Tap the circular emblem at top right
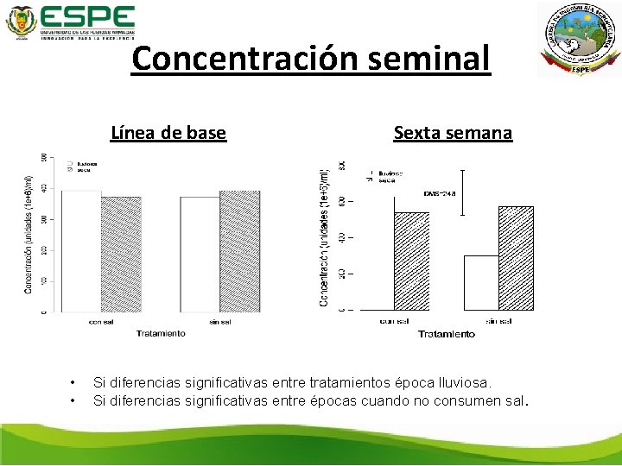pyautogui.click(x=579, y=40)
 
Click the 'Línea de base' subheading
pyautogui.click(x=168, y=133)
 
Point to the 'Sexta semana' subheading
pyautogui.click(x=453, y=133)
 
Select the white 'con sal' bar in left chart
pyautogui.click(x=81, y=250)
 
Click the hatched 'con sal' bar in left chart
pyautogui.click(x=121, y=254)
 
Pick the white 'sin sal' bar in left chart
pyautogui.click(x=200, y=254)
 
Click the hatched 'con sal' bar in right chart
pyautogui.click(x=412, y=261)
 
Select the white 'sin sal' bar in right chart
pyautogui.click(x=481, y=282)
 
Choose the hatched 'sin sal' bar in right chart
pyautogui.click(x=516, y=257)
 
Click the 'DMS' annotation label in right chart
pyautogui.click(x=439, y=192)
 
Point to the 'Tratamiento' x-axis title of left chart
pyautogui.click(x=161, y=333)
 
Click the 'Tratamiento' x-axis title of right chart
pyautogui.click(x=446, y=334)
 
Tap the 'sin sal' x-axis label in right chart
pyautogui.click(x=498, y=321)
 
